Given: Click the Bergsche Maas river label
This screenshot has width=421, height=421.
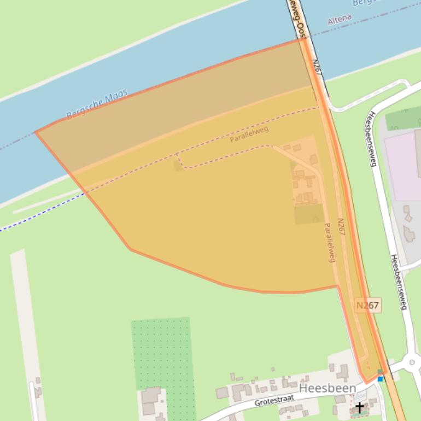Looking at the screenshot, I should coord(97,104).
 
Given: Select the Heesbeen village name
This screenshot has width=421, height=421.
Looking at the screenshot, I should coord(328,388).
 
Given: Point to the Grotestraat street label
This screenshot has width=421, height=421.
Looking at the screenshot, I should coord(274,401).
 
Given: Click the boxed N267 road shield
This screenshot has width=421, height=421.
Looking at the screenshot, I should coord(367,306).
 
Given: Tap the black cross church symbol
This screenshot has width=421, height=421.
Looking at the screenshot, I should coord(359,407).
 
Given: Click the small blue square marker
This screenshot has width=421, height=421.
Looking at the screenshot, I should coord(381,378).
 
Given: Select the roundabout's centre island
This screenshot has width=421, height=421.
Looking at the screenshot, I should coord(412,362).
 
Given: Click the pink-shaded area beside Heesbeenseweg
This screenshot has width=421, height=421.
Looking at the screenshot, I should coord(402,164).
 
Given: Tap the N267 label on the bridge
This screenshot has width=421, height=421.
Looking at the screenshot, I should coord(317,67).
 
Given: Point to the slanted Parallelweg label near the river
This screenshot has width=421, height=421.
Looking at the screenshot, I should coord(249,135).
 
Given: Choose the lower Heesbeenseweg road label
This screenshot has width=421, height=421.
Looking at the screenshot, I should coord(399,282).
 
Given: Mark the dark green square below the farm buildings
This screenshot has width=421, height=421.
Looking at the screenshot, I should coord(309,214).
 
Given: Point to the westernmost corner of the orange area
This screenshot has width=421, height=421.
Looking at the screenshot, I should coord(36,132).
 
